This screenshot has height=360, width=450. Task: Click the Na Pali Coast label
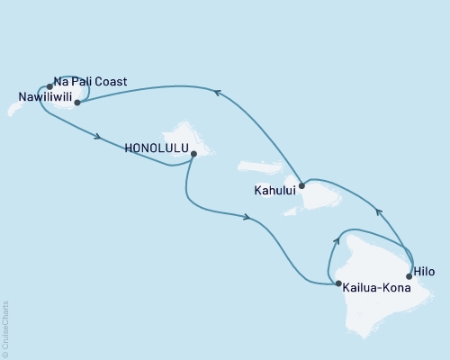tap(90, 82)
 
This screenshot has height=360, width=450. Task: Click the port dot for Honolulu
tap(193, 154)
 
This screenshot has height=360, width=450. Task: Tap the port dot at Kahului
tap(301, 185)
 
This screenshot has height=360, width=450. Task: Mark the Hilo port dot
tap(409, 276)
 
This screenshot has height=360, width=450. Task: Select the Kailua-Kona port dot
tap(337, 284)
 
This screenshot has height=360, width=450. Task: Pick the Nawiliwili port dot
tap(77, 103)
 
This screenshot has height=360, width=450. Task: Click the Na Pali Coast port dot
tap(49, 87)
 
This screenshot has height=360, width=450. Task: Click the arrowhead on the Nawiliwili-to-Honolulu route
tap(97, 138)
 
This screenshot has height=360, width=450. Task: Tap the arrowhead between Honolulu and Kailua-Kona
tap(245, 216)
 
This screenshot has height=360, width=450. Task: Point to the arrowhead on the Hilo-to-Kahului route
tap(378, 211)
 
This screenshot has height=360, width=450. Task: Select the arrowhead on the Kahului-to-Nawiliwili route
tap(217, 90)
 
